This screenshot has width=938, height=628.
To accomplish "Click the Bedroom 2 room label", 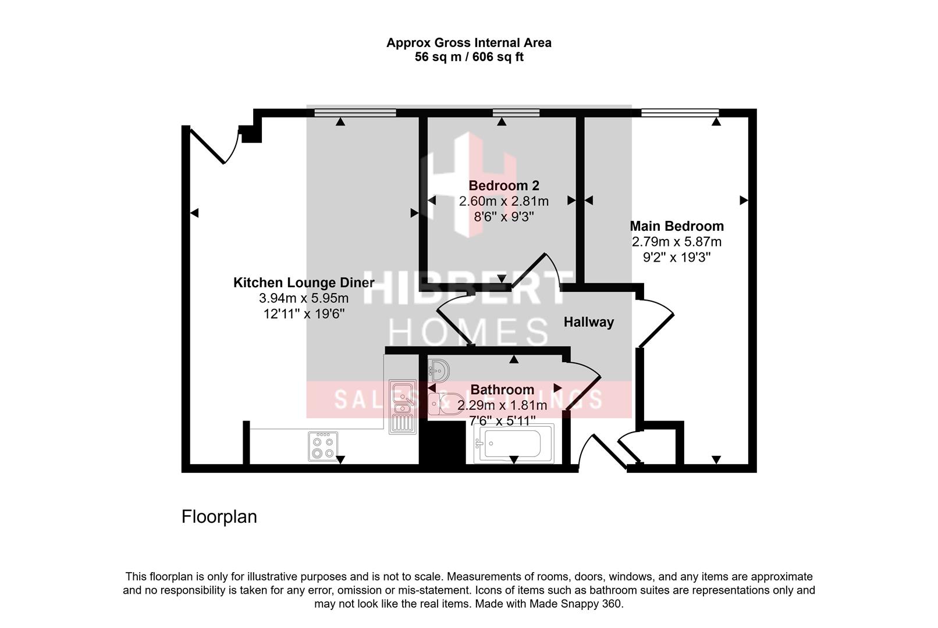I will click(504, 185).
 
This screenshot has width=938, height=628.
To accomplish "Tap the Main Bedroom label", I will click(677, 226).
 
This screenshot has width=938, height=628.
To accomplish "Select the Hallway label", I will click(588, 322).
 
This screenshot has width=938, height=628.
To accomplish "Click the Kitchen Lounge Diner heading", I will click(303, 283).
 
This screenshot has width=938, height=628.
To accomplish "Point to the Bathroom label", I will click(502, 390).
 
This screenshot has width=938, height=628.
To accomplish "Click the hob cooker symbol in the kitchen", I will click(323, 447).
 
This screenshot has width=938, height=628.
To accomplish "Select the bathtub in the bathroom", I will click(513, 444).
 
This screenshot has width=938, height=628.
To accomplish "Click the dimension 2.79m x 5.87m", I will click(677, 242).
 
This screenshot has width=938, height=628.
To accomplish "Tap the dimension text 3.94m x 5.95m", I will click(303, 299).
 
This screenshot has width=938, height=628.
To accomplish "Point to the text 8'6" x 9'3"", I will click(504, 216).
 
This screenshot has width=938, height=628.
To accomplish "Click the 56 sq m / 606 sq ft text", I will click(469, 57).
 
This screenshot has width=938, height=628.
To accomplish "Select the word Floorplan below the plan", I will click(219, 517).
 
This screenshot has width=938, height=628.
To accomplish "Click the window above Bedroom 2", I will click(516, 113).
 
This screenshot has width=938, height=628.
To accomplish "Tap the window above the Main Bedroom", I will click(680, 113).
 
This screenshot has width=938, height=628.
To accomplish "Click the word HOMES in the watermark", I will click(468, 333).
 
